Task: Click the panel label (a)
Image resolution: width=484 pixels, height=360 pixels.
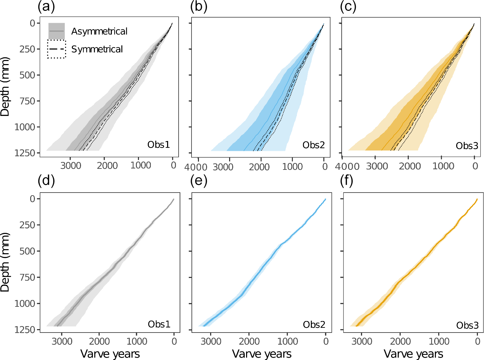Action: (x=46, y=6)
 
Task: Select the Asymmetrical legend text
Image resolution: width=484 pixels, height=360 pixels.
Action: (x=99, y=32)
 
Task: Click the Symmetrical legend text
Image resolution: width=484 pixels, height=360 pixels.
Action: (x=97, y=49)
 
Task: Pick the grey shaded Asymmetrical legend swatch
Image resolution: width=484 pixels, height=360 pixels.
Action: (x=56, y=31)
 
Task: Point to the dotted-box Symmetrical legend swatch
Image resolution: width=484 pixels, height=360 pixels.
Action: (x=56, y=49)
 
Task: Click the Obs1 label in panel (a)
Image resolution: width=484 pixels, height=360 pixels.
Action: (x=158, y=145)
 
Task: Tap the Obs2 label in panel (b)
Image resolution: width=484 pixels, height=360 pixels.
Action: (x=314, y=145)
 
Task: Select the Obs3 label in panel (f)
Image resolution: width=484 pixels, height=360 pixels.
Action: (x=467, y=325)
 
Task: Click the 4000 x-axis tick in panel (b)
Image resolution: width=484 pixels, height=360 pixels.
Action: (x=196, y=167)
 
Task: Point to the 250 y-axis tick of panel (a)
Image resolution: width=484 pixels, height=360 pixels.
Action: (x=27, y=49)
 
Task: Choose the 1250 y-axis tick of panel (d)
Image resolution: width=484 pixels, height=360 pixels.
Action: (x=24, y=329)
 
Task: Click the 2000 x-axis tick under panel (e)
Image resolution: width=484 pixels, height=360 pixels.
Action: (x=249, y=341)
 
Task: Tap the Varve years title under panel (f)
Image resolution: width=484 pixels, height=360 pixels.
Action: (x=413, y=354)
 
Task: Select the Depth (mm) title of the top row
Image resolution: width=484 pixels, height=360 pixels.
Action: (x=5, y=87)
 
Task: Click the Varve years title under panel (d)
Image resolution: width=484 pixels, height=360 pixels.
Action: (x=110, y=354)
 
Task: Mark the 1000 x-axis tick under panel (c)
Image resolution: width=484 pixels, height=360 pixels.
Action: (x=443, y=166)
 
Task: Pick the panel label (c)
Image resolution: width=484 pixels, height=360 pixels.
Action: (x=348, y=6)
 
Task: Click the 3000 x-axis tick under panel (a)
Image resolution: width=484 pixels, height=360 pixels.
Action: (x=71, y=166)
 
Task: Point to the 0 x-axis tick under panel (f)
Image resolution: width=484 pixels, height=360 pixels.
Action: (x=477, y=341)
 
